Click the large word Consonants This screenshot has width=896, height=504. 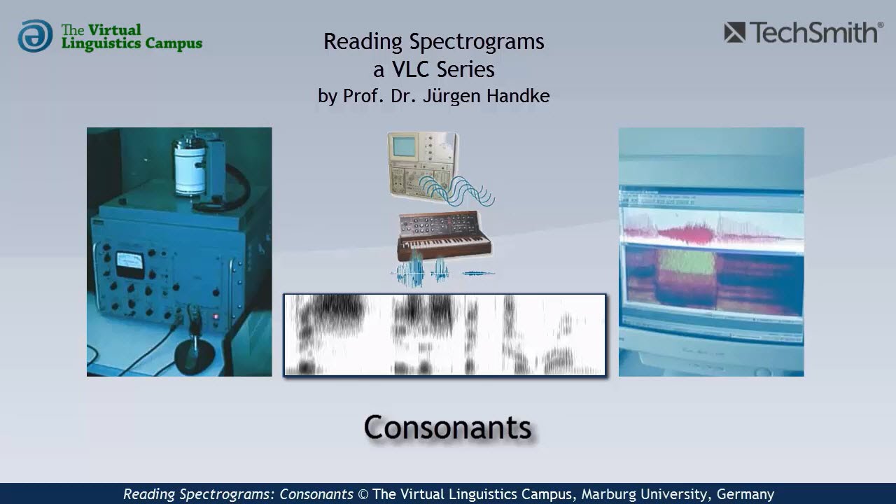[x=447, y=427]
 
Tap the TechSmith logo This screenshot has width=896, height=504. [x=803, y=32]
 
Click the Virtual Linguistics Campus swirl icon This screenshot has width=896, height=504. [x=35, y=36]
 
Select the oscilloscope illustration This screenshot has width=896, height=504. [x=422, y=164]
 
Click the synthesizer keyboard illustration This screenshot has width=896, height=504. [x=444, y=234]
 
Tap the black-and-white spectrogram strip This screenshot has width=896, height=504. [x=444, y=335]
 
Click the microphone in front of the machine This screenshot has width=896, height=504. [x=195, y=343]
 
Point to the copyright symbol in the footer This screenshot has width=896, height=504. [x=363, y=494]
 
